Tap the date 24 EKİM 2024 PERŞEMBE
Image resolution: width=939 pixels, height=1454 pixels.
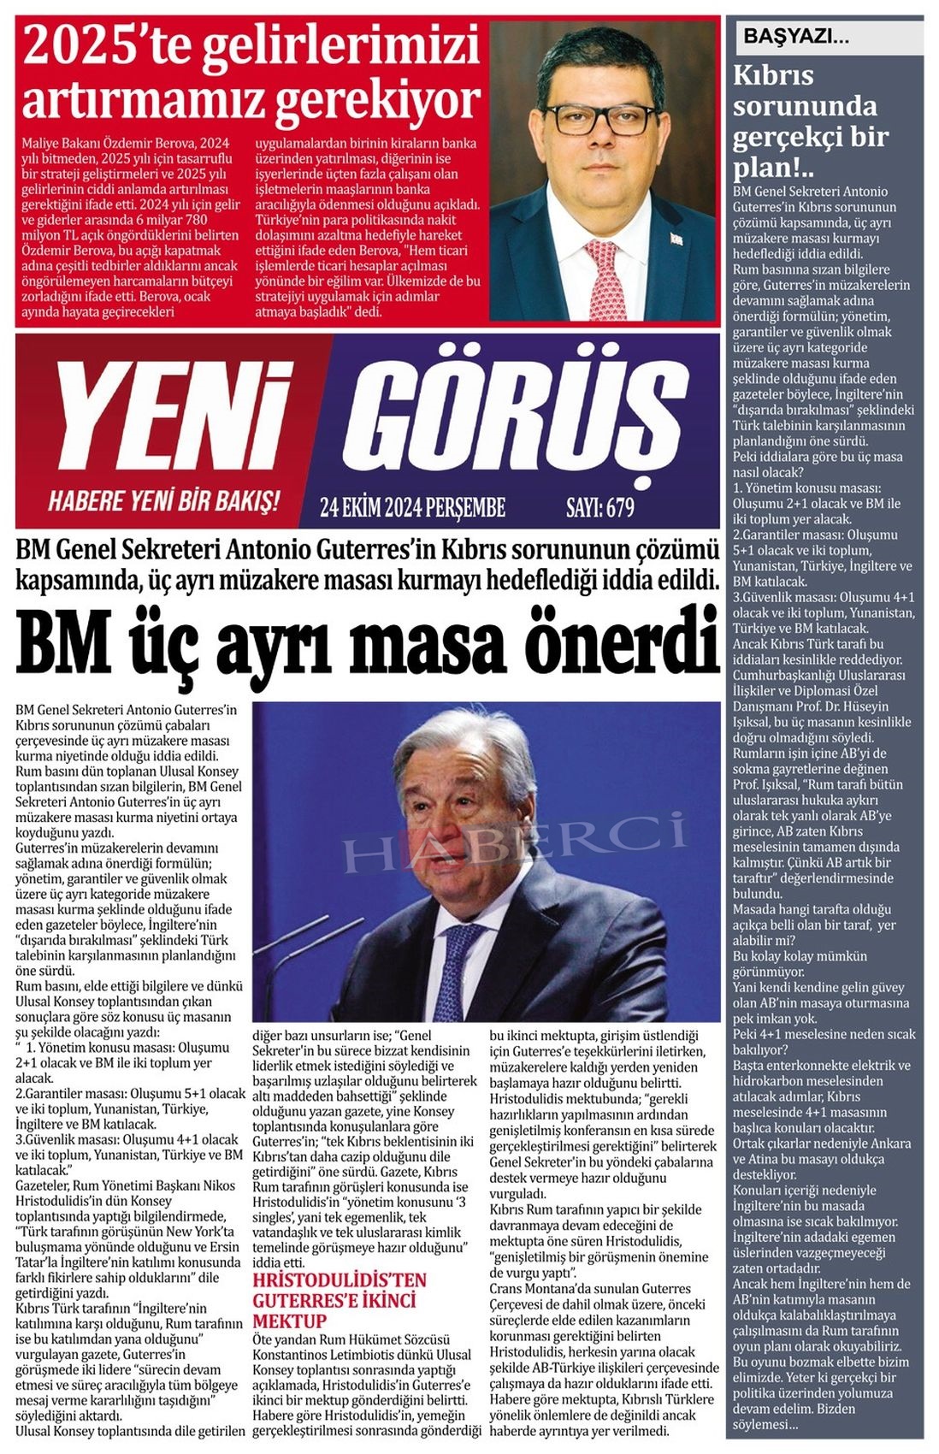(x=412, y=508)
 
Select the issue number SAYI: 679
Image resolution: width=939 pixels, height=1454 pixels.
(x=600, y=508)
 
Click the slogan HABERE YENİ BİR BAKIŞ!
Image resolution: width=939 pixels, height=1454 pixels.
(x=163, y=500)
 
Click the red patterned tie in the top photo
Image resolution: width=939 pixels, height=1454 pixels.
(x=606, y=278)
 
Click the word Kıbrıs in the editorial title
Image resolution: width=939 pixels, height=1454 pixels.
(x=773, y=75)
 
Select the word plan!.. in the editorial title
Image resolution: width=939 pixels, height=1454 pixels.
(x=773, y=167)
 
